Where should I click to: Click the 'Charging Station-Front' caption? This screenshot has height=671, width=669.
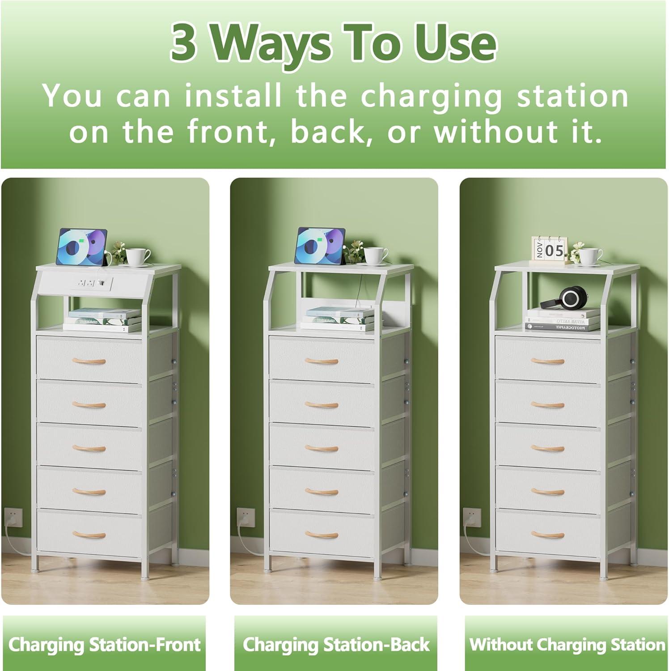(104, 645)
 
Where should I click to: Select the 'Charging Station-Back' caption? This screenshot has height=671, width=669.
(336, 645)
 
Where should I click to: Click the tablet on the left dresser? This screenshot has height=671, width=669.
(82, 246)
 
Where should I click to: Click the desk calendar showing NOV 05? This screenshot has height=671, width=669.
(549, 249)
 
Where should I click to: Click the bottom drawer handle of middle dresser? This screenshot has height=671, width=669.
(322, 534)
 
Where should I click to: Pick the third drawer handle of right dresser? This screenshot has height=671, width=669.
(547, 448)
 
